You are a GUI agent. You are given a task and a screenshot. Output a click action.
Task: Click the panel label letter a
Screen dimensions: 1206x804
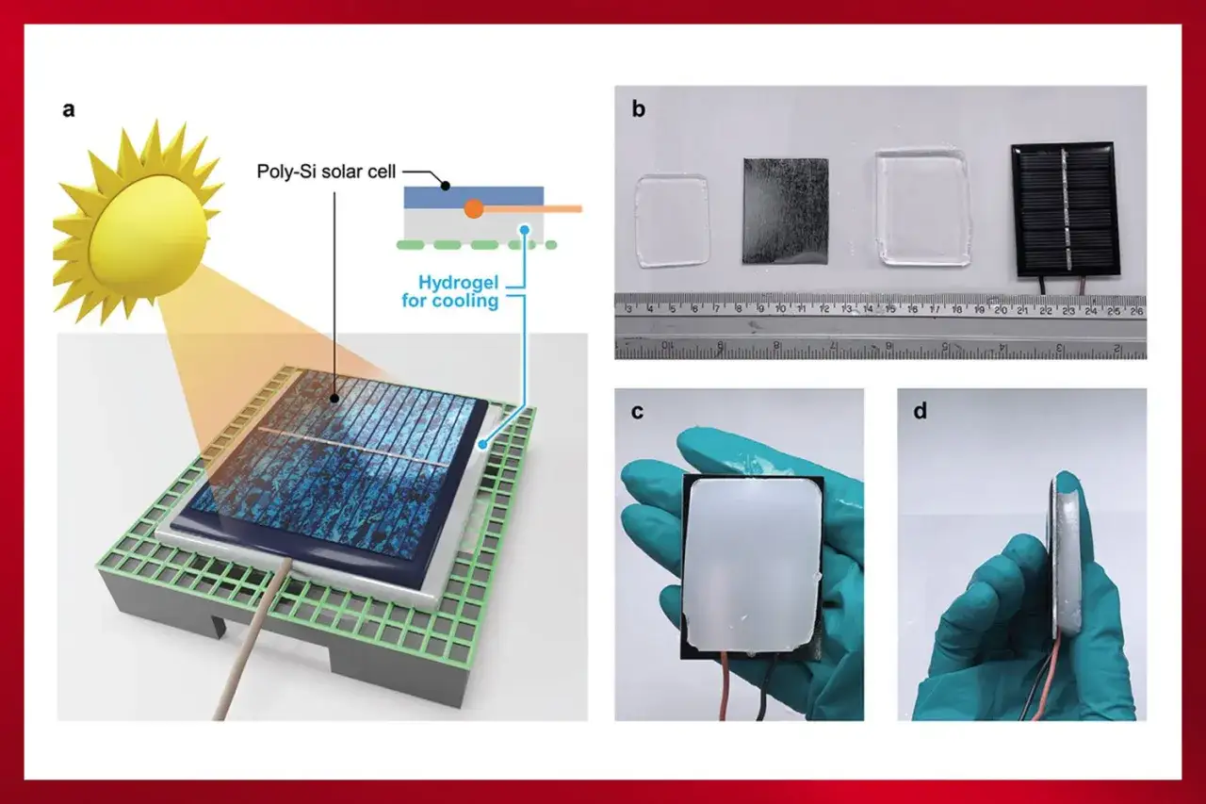[69, 110]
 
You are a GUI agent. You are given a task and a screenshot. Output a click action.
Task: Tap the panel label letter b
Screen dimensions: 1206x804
[639, 108]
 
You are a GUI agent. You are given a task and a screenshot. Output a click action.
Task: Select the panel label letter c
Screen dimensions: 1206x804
[638, 412]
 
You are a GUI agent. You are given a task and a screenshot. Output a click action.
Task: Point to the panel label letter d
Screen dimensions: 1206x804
[921, 411]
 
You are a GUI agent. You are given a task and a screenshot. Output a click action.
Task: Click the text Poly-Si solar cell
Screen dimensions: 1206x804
[326, 172]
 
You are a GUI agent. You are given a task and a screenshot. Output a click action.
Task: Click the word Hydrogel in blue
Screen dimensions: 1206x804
[459, 282]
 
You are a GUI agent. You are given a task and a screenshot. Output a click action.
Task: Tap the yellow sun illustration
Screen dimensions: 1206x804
[139, 221]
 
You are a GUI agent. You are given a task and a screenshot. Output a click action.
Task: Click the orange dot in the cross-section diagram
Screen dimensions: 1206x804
[474, 209]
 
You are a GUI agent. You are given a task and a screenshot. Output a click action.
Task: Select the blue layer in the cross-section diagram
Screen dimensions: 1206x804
[474, 197]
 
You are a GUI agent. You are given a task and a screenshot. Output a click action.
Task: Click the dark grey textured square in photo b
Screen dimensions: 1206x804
[786, 211]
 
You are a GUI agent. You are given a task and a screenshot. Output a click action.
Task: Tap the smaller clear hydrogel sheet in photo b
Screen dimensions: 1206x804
[672, 221]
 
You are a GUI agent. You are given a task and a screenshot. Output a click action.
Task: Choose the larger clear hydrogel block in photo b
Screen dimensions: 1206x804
[922, 207]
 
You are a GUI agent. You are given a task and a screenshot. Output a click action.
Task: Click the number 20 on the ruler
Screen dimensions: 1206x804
[1001, 310]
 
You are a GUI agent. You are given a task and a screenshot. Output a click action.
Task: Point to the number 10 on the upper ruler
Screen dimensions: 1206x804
[780, 309]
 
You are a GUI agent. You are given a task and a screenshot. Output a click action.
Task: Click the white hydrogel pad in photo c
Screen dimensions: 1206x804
[752, 563]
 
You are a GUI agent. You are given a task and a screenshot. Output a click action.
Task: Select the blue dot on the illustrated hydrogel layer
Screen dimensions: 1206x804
[483, 444]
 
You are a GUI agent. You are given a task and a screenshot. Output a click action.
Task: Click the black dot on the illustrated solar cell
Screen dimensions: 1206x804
[334, 399]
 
